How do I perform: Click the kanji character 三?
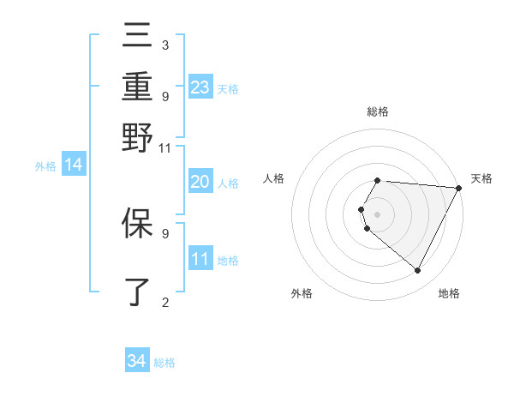pyautogui.click(x=137, y=36)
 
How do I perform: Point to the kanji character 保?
pyautogui.click(x=137, y=223)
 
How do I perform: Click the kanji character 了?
pyautogui.click(x=137, y=292)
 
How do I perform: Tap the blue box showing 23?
pyautogui.click(x=200, y=87)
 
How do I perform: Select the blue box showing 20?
pyautogui.click(x=200, y=182)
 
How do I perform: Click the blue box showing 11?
pyautogui.click(x=200, y=259)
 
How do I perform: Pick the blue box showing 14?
pyautogui.click(x=74, y=165)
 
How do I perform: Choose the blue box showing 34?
pyautogui.click(x=137, y=361)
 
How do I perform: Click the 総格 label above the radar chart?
pyautogui.click(x=378, y=111)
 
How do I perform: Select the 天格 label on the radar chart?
pyautogui.click(x=481, y=178)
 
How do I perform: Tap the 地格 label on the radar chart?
pyautogui.click(x=449, y=293)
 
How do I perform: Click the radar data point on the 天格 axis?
pyautogui.click(x=459, y=188)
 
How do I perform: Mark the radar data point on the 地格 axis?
pyautogui.click(x=418, y=271)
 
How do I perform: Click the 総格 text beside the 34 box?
pyautogui.click(x=164, y=363)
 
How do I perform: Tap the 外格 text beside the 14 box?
pyautogui.click(x=45, y=166)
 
